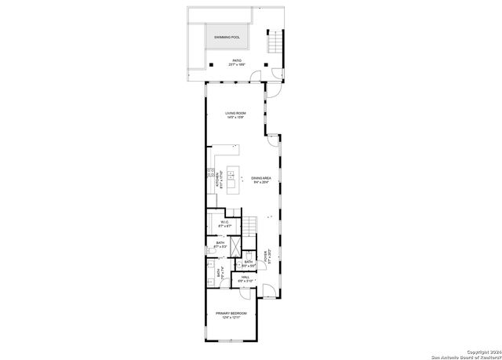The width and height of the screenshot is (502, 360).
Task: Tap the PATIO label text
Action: coord(236,60)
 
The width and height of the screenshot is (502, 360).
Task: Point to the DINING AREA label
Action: coord(261,178)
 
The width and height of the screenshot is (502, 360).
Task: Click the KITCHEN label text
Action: coord(220,178)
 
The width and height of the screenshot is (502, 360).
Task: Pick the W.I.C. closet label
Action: coord(224,222)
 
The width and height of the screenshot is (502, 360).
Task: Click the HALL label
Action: coord(245,277)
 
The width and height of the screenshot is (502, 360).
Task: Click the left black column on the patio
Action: coord(209,64)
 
